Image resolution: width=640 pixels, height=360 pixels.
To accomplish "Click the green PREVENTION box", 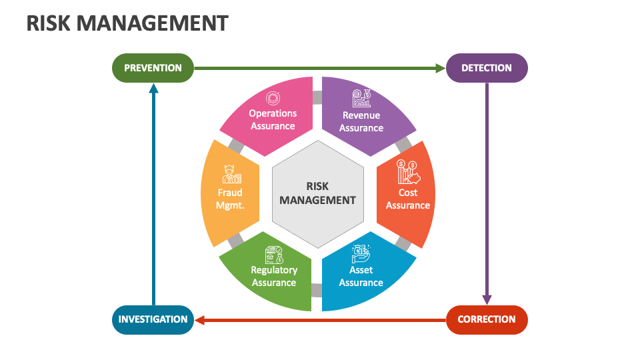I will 153,68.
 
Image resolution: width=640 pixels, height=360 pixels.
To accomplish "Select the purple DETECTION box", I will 486,68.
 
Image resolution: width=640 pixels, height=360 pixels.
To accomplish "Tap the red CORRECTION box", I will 486,319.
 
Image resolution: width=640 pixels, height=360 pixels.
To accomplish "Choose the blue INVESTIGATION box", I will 153,319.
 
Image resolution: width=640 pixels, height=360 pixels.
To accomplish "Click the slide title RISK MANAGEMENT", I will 127,23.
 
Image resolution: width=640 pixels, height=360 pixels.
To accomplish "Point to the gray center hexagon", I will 318,193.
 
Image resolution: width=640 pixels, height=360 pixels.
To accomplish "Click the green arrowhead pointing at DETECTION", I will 439,68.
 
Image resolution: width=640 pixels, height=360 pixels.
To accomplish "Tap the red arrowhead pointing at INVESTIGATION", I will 199,320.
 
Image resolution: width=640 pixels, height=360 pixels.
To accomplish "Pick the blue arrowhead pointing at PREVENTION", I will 153,87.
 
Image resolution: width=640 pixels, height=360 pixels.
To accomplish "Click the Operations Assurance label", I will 273,119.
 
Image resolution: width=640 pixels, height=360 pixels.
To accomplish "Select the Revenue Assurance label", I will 361,121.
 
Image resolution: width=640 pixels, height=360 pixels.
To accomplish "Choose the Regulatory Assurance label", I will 273,276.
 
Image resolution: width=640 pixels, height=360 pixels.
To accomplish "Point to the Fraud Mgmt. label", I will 230,199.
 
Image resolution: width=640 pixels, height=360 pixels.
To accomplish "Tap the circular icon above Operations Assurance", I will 273,98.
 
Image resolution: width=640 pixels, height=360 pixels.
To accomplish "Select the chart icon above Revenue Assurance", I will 363,99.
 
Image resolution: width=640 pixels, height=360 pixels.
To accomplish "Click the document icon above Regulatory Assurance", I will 273,254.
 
